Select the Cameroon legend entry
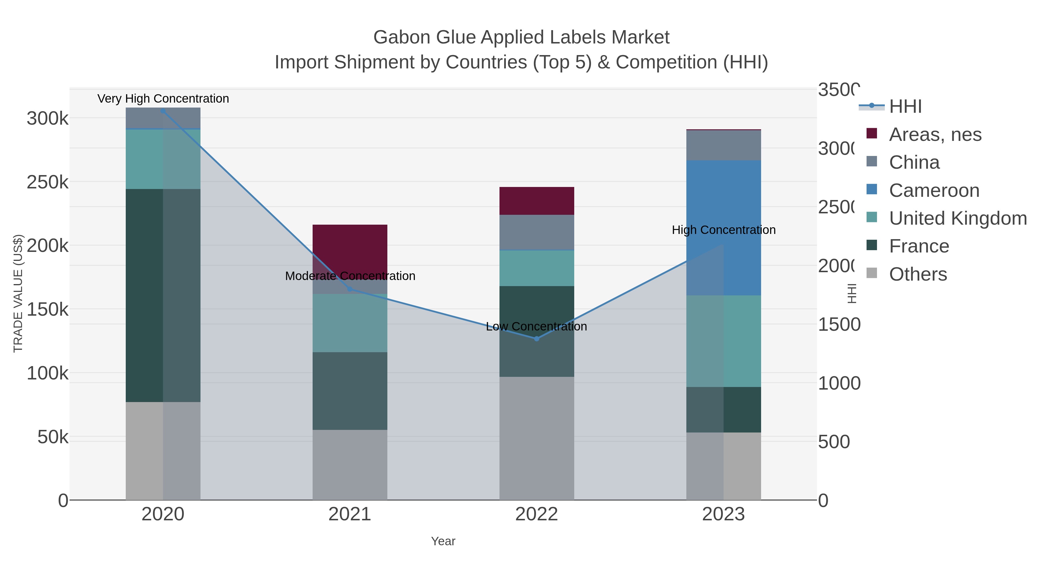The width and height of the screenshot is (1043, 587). point(934,190)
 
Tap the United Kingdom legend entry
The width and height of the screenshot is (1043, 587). point(958,218)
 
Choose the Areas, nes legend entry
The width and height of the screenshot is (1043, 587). point(935,135)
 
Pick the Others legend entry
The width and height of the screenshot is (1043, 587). point(918,274)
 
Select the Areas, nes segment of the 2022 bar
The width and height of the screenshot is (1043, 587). point(537,201)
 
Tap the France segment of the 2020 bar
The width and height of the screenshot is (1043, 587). point(163,295)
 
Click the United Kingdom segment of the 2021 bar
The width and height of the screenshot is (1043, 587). point(350,323)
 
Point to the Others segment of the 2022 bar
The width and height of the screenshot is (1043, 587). point(537,438)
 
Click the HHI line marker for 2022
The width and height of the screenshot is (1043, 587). point(537,339)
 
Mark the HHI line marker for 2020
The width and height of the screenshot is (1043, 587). point(163,111)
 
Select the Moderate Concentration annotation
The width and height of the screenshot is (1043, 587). point(350,276)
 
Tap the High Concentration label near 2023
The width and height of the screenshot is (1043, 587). point(723,230)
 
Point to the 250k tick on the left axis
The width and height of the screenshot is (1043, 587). point(48,182)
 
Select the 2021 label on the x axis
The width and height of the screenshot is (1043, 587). point(349,515)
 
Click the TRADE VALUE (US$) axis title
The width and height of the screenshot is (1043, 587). point(18,293)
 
